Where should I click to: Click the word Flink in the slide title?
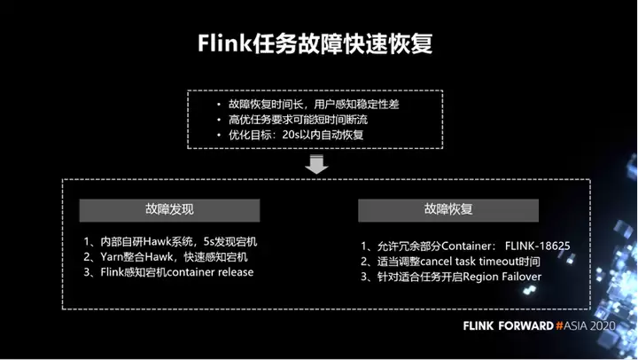click(225, 43)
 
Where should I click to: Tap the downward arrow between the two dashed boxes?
click(316, 164)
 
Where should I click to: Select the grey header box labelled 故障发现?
click(169, 210)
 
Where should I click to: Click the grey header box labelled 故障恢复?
click(448, 210)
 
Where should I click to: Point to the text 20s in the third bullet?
click(291, 135)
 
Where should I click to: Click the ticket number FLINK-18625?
click(538, 246)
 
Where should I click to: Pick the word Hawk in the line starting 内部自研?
click(158, 241)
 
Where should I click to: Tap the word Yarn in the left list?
click(112, 257)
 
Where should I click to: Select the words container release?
click(210, 272)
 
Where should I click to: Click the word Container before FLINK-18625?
click(468, 246)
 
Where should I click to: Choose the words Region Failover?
click(502, 277)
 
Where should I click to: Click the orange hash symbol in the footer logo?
click(559, 325)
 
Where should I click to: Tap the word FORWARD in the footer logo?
click(525, 325)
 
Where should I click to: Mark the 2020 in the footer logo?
click(603, 325)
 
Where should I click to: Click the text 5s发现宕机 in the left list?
click(230, 241)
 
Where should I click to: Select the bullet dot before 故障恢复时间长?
click(219, 105)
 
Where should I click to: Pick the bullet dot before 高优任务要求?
click(219, 120)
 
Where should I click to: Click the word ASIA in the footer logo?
click(576, 325)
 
